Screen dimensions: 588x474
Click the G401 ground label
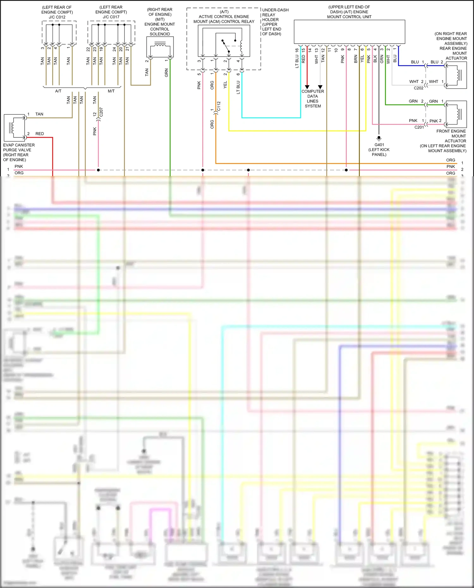379,145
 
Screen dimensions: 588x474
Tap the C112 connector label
219,106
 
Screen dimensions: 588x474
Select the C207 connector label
101,112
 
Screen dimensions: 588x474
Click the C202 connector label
418,88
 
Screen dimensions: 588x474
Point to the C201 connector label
419,127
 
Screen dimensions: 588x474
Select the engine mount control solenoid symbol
160,48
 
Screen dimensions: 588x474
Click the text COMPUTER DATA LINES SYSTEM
313,99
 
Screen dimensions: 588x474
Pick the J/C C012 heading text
57,17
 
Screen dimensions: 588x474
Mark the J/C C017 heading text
111,17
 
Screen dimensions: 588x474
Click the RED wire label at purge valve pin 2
39,134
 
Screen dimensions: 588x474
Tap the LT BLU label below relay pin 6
238,87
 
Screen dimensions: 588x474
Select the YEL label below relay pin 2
225,85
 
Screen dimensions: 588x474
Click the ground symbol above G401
379,138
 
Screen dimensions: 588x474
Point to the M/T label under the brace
111,91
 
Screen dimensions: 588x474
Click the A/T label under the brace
58,91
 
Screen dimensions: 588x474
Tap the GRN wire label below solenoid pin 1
167,73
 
